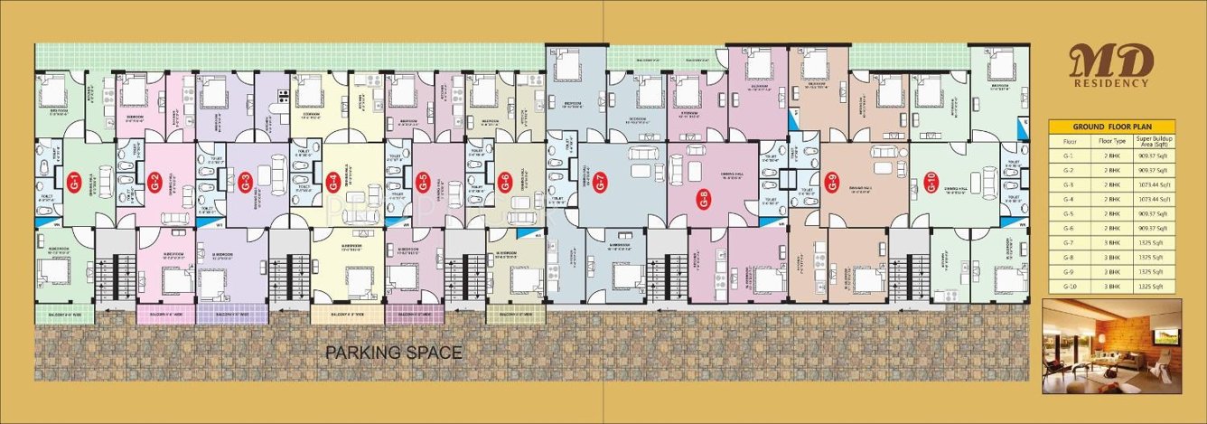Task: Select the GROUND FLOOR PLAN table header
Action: click(x=1112, y=127)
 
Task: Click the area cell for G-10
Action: click(x=1152, y=286)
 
